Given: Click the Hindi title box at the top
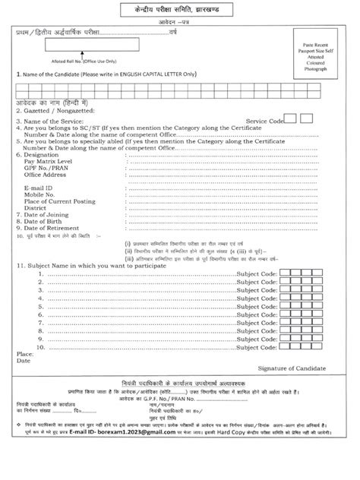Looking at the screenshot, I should (x=179, y=13).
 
